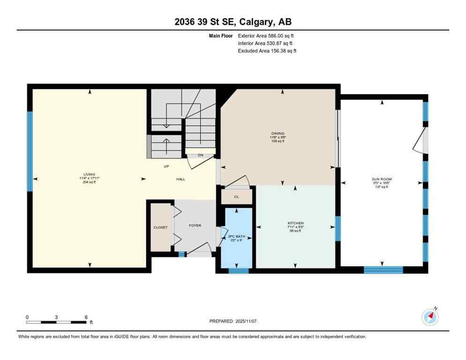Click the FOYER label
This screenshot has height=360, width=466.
tap(195, 225)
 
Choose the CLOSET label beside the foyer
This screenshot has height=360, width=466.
tap(160, 227)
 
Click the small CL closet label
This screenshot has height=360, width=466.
tap(236, 197)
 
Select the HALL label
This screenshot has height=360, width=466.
tap(180, 179)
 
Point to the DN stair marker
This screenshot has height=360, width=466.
tap(200, 155)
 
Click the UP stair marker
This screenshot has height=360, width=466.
tap(166, 166)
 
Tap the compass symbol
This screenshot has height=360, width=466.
tap(430, 317)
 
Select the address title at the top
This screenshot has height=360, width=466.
tap(233, 22)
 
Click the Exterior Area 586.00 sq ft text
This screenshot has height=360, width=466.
tap(266, 36)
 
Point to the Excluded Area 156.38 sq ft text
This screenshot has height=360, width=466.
tap(267, 51)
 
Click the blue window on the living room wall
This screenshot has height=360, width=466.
tap(30, 151)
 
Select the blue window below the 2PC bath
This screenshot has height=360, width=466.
tap(238, 270)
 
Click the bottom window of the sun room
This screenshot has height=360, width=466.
tap(383, 270)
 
